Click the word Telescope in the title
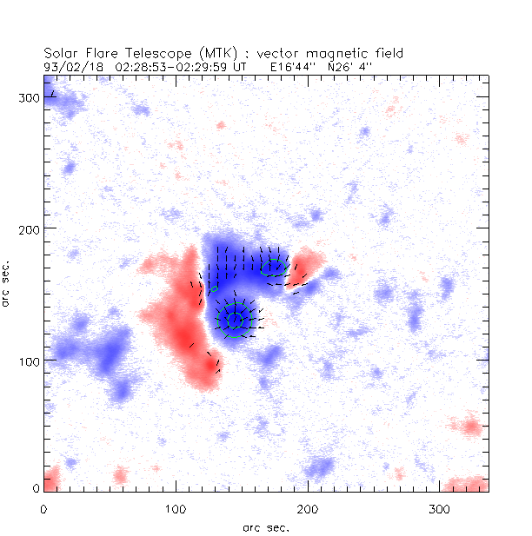tap(148, 53)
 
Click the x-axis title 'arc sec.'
tap(266, 526)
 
